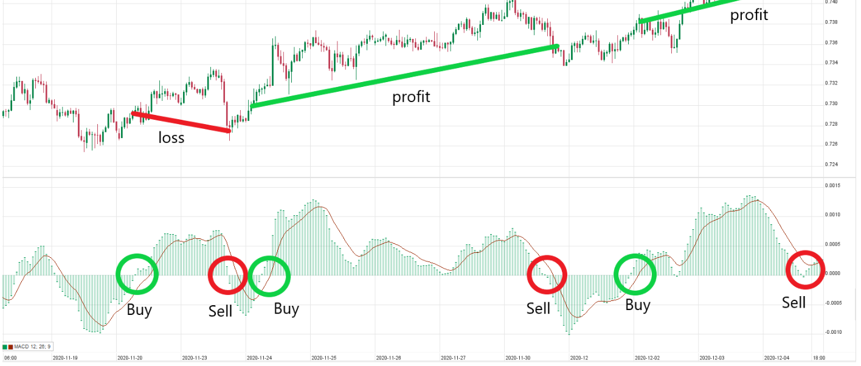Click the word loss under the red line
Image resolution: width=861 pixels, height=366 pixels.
(x=171, y=138)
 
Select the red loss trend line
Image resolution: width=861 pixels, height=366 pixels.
(x=181, y=122)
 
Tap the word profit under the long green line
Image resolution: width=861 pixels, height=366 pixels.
(x=410, y=97)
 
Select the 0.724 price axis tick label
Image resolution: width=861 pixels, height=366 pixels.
(x=831, y=165)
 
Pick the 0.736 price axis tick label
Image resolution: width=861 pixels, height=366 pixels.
(x=831, y=43)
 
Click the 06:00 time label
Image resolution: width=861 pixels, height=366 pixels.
(x=10, y=359)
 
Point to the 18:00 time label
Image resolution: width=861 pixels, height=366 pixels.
(x=818, y=359)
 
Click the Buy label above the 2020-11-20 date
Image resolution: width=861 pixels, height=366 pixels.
(x=139, y=309)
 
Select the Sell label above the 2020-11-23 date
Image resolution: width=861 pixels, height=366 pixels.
(x=220, y=311)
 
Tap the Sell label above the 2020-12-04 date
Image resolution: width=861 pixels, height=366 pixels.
(x=794, y=302)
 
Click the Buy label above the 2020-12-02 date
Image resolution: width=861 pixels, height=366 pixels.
(x=638, y=305)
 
